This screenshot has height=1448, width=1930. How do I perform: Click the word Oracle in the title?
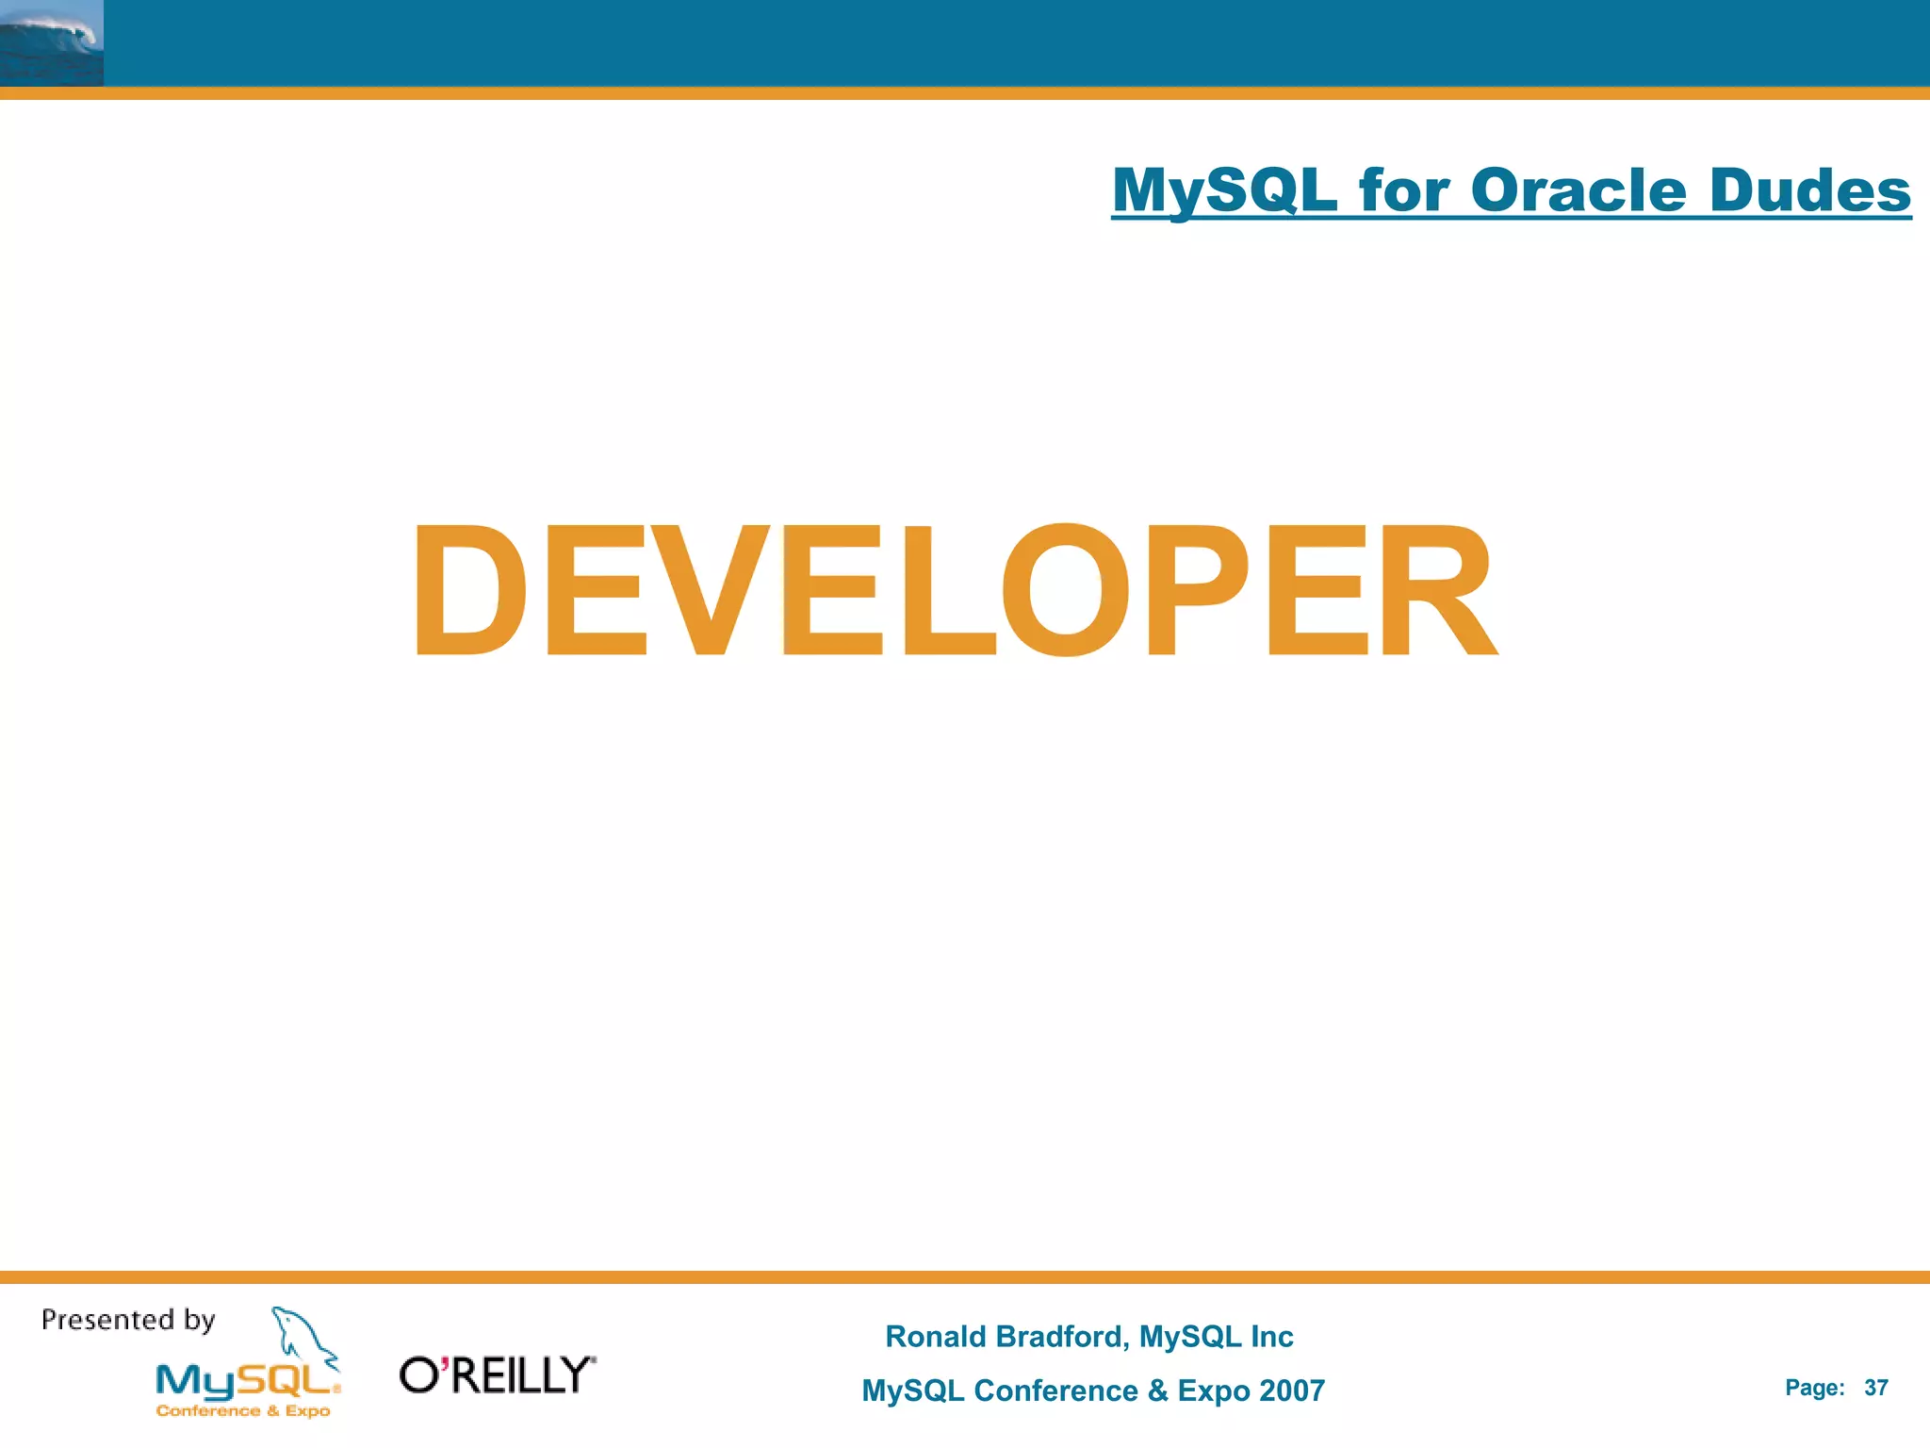(1578, 190)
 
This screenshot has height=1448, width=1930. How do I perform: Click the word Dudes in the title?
(1809, 190)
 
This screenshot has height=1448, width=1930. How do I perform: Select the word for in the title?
(1403, 190)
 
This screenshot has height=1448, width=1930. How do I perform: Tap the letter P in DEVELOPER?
(1195, 590)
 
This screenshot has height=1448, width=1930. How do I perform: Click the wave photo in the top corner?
(51, 43)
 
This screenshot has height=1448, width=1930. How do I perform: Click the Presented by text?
(128, 1320)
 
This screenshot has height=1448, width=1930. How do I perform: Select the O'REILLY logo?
(498, 1375)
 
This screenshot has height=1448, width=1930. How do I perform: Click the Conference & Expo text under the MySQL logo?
(243, 1411)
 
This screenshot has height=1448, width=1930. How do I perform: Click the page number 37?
(1875, 1388)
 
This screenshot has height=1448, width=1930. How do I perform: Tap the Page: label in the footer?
(1814, 1388)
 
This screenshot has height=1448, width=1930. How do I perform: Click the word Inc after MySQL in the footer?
(1271, 1337)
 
